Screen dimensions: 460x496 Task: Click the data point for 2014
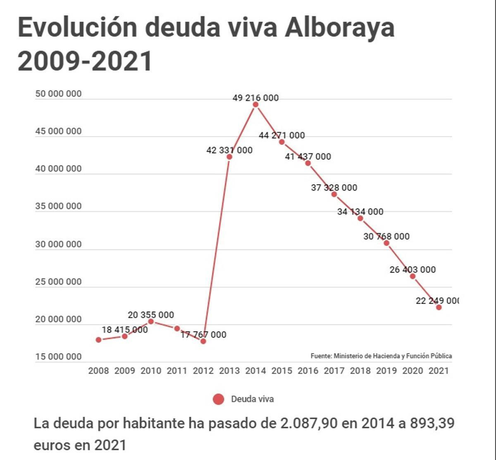click(x=256, y=104)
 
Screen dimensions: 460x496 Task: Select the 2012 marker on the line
click(x=203, y=341)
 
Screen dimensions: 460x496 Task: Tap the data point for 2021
click(x=439, y=307)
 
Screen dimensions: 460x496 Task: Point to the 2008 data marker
click(x=98, y=340)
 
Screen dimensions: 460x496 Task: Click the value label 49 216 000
click(x=256, y=98)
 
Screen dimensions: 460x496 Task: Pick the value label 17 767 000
click(x=203, y=334)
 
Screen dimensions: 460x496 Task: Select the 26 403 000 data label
click(x=413, y=270)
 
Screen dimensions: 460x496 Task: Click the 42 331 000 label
click(x=229, y=150)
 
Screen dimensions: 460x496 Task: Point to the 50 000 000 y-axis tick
click(x=59, y=94)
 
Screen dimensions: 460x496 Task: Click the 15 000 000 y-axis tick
click(x=59, y=357)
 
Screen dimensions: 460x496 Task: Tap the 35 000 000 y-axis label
click(x=59, y=206)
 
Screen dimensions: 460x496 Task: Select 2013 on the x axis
click(x=229, y=371)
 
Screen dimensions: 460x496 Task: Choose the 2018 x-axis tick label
click(x=360, y=371)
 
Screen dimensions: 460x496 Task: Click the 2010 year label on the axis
click(x=151, y=371)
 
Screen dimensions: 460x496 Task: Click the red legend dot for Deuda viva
click(x=218, y=399)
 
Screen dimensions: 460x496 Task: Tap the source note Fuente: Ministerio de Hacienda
click(x=381, y=356)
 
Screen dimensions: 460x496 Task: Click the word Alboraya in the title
click(x=340, y=28)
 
